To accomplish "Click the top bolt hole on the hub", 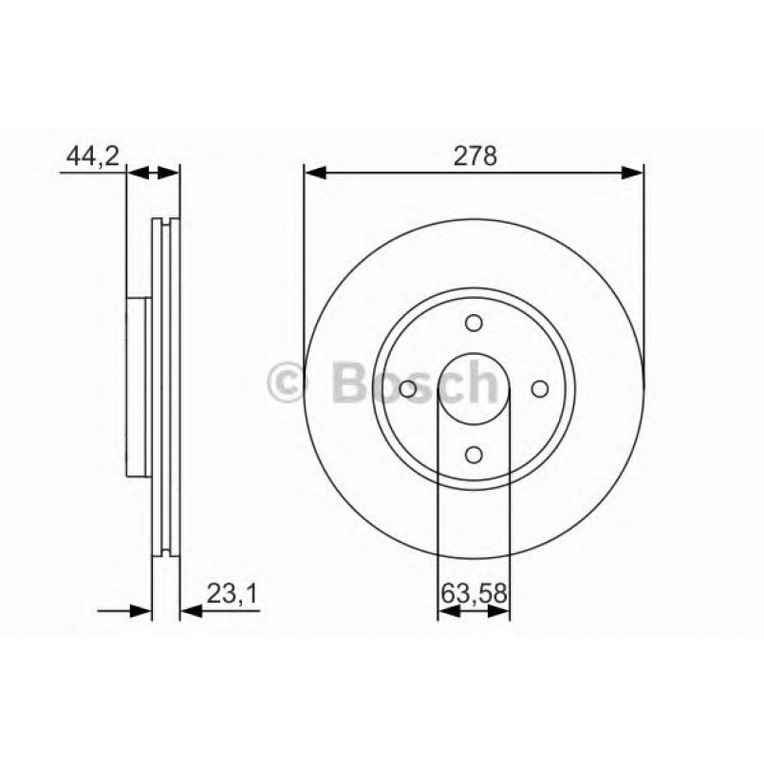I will point(474,325).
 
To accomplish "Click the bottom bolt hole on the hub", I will point(474,456).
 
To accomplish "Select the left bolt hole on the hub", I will point(408,390).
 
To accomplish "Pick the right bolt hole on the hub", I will point(539,390).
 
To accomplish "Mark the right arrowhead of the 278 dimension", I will point(633,173).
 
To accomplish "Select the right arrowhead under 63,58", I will point(500,612).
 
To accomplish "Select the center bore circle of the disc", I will point(474,390).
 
